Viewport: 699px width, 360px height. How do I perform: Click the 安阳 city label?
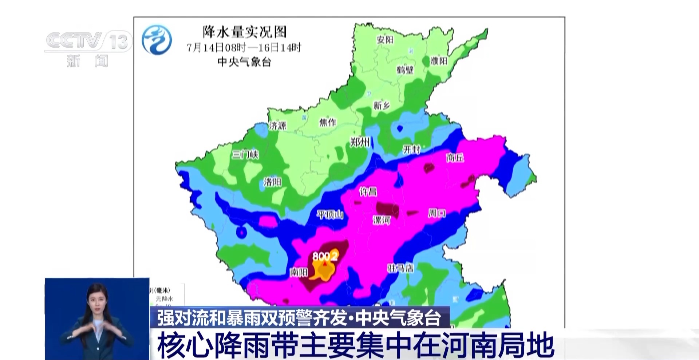coord(385,40)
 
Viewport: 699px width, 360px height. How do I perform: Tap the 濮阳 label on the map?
coord(439,61)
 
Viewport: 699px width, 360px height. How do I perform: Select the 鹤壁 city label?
coord(405,69)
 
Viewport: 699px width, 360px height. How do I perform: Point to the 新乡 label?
coord(381,106)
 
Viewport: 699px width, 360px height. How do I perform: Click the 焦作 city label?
coord(327,122)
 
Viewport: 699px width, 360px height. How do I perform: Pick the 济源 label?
coord(277,126)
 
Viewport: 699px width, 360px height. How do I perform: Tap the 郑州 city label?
coord(360,142)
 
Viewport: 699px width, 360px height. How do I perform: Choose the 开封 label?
coord(411,149)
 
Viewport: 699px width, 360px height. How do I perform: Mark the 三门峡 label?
coord(245,155)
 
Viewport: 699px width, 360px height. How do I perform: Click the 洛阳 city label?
coord(272,182)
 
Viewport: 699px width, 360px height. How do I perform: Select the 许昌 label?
coord(368,191)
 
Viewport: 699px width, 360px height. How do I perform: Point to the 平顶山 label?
coord(330,215)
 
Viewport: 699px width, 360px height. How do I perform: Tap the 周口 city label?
coord(437,213)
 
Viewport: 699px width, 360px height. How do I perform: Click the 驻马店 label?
coord(400,269)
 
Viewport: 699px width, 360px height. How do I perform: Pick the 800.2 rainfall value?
coord(325,256)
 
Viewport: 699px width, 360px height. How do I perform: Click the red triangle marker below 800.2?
coord(325,263)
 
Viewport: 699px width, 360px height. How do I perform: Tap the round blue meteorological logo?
coord(157,40)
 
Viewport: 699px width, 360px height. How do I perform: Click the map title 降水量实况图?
coord(244,32)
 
